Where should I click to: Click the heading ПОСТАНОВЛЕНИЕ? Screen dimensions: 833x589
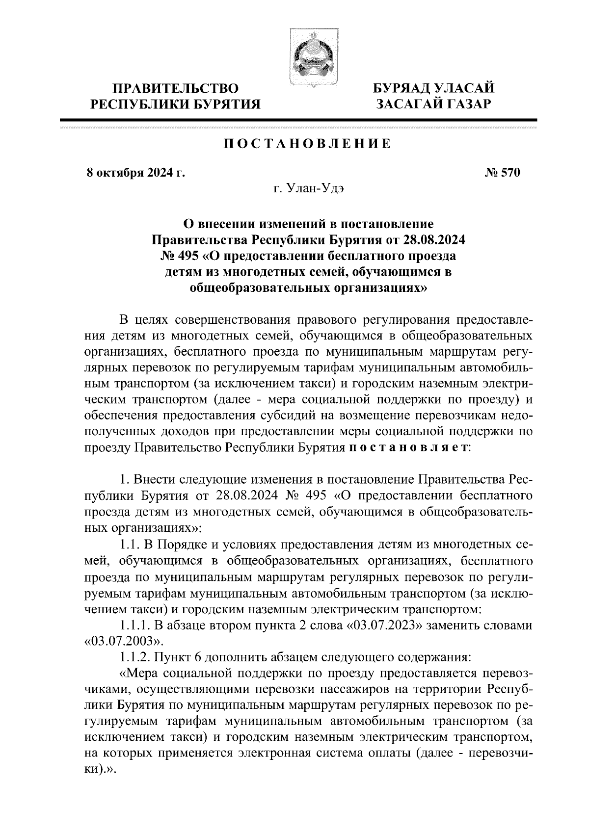308,144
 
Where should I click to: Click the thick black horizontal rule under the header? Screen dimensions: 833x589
297,120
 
